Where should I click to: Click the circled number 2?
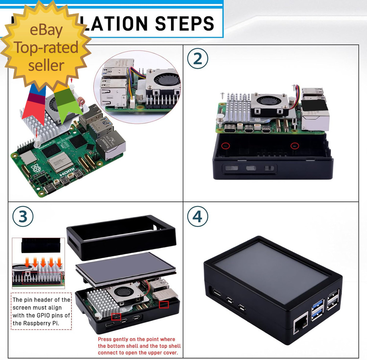coord(197,59)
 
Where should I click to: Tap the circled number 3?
coord(23,217)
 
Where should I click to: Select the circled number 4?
coord(197,217)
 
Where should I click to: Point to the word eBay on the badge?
coord(46,30)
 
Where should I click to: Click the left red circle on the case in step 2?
coord(226,146)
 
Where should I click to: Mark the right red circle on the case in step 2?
coord(294,146)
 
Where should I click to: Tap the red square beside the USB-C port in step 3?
coord(116,316)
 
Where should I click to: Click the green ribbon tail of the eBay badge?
coord(68,101)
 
